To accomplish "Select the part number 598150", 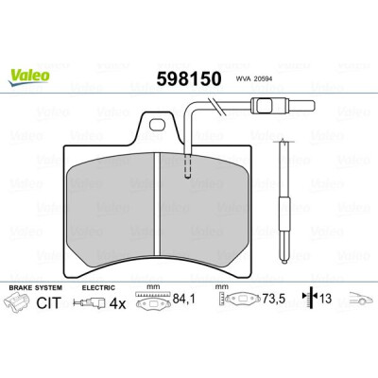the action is [189, 78].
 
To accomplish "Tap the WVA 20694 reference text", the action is [254, 79].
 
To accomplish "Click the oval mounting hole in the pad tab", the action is [157, 125].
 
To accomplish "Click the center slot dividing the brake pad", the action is [158, 205].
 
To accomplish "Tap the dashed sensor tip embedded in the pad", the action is [188, 166].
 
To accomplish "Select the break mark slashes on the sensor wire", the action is [215, 106].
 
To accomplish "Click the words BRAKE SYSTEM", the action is [35, 287].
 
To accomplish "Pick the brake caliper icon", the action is [17, 301].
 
